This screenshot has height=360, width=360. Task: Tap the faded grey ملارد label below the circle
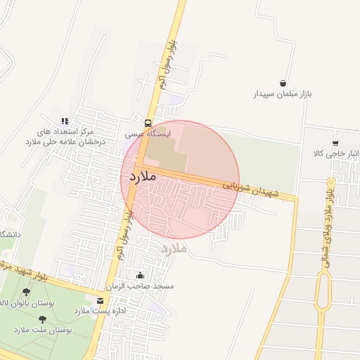tap(172, 247)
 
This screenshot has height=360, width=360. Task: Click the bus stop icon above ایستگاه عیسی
tap(147, 122)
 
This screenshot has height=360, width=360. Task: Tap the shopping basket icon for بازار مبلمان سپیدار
tap(283, 83)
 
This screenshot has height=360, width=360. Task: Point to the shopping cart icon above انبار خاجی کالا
tap(336, 143)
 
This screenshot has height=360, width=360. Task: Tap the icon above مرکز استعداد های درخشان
tap(65, 121)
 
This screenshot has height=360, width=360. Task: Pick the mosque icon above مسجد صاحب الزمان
tap(140, 276)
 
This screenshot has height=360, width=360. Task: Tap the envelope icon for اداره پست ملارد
tap(101, 300)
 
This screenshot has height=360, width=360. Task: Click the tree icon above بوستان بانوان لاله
tap(27, 291)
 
